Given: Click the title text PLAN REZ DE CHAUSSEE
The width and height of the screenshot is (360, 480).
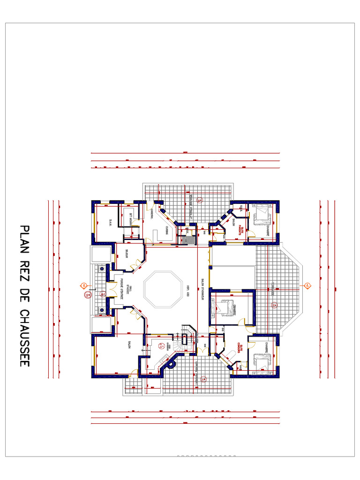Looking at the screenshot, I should [24, 295].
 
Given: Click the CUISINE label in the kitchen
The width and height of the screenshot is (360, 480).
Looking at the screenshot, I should [166, 229].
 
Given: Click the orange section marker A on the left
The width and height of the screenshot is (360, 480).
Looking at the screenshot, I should [83, 285].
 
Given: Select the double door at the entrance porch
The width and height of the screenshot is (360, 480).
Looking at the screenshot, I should [111, 290].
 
